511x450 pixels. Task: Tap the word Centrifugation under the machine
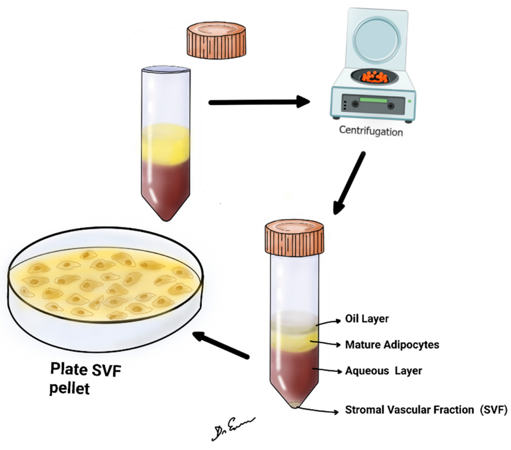pos(371,131)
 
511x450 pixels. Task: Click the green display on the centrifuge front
pos(373,100)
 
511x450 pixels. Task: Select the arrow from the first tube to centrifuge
pos(259,102)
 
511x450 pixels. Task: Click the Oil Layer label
pos(367,318)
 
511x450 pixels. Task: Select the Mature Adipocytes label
pos(392,345)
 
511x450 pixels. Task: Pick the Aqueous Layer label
pos(383,371)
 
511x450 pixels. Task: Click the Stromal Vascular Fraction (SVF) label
pos(426,410)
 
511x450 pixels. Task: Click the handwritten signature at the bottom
pos(233,428)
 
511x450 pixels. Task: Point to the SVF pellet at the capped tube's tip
pos(294,405)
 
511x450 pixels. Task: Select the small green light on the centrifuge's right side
pos(409,102)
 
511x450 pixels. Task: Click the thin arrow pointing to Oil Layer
pos(328,322)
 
